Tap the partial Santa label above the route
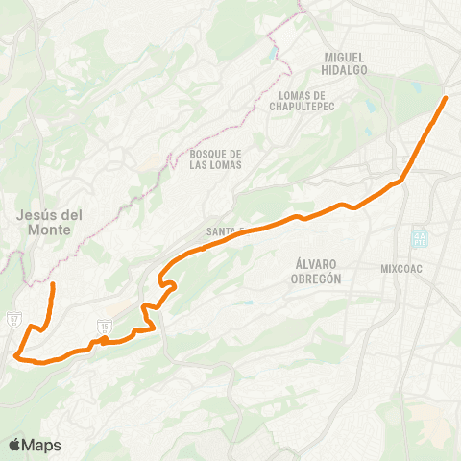[220, 231]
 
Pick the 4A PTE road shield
[419, 236]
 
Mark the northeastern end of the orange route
[446, 98]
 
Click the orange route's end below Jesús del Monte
[53, 285]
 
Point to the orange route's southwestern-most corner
[17, 356]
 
